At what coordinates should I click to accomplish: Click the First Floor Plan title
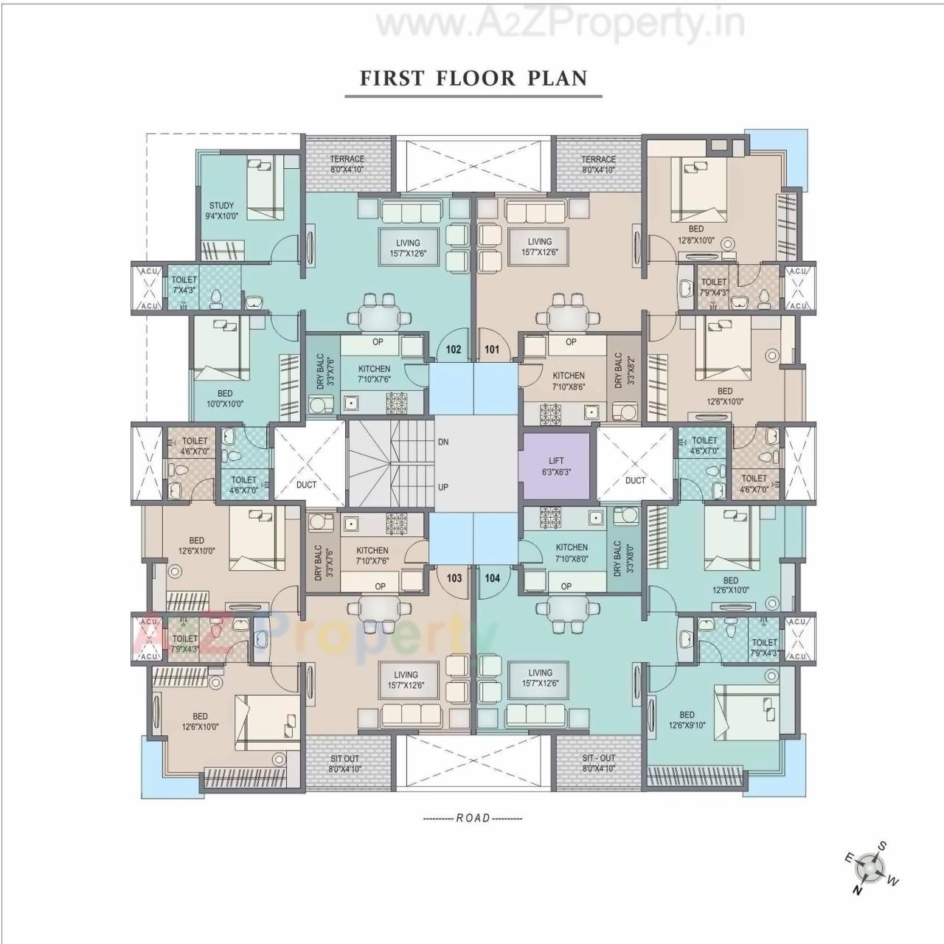coord(473,78)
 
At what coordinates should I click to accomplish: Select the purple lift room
coord(555,466)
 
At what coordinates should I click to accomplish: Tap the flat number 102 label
coord(454,349)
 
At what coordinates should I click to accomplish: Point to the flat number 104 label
coord(492,577)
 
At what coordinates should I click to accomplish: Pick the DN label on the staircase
coord(443,442)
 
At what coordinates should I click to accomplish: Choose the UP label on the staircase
coord(443,487)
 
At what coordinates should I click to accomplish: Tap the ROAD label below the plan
coord(473,818)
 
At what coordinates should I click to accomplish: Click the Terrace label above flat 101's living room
coord(598,164)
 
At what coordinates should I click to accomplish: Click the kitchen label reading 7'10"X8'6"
coord(569,381)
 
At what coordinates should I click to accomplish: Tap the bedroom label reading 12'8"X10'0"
coord(695,235)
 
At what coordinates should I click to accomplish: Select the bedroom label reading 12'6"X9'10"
coord(687,720)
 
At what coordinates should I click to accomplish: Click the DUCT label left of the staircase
coord(306,485)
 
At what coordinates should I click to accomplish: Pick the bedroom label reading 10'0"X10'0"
coord(225,398)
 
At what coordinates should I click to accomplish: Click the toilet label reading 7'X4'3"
coord(184,285)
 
